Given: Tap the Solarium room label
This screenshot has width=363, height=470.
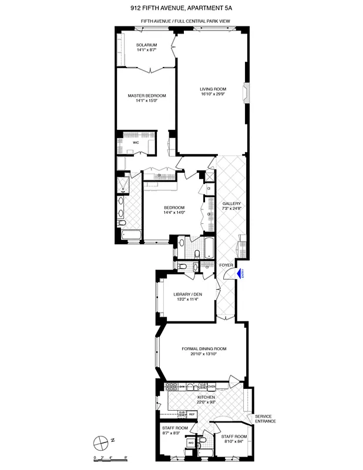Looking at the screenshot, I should coord(146,45).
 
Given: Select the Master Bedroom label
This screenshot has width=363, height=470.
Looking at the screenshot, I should coord(147,96).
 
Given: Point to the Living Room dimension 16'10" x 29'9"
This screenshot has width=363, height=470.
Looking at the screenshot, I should coord(212,93).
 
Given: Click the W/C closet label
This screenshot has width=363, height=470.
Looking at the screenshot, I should coord(136,143).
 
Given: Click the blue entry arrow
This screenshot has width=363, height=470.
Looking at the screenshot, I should coord(240,272).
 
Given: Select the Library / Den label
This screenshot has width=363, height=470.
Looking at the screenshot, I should coord(187,294).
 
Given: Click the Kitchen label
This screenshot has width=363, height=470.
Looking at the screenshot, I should coord(206,398).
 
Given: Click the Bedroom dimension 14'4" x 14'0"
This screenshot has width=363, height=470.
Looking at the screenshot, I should coord(174,213).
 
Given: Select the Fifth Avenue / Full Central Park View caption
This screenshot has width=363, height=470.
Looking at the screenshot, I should coord(183,21).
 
